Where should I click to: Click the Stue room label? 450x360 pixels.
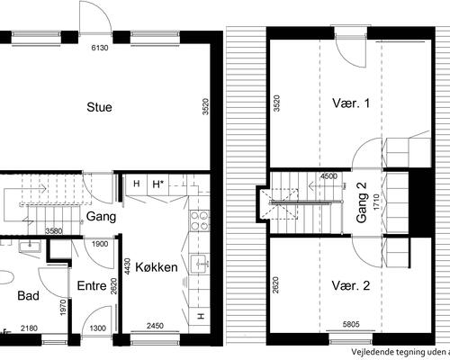(99, 107)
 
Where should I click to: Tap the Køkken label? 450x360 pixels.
(157, 267)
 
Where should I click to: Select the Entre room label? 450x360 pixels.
(92, 285)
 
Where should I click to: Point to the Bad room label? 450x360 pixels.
(28, 295)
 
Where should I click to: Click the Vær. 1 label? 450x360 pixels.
(351, 103)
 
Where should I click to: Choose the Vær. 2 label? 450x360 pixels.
(351, 285)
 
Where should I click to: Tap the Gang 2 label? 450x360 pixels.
(362, 202)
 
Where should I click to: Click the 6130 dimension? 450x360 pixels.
(100, 48)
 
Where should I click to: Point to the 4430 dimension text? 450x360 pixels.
(128, 266)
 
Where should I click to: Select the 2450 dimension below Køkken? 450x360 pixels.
(156, 326)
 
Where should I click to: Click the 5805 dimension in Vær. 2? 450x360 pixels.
(351, 324)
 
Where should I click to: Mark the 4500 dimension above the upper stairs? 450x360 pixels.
(328, 176)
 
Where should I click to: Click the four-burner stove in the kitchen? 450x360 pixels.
(199, 220)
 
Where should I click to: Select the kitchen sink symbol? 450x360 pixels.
(200, 264)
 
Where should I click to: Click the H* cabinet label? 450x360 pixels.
(158, 184)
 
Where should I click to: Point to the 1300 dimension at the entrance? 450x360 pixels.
(98, 328)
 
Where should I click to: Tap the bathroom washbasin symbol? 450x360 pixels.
(30, 247)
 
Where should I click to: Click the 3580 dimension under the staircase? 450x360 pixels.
(54, 231)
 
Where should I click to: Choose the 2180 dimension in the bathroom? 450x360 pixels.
(30, 328)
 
